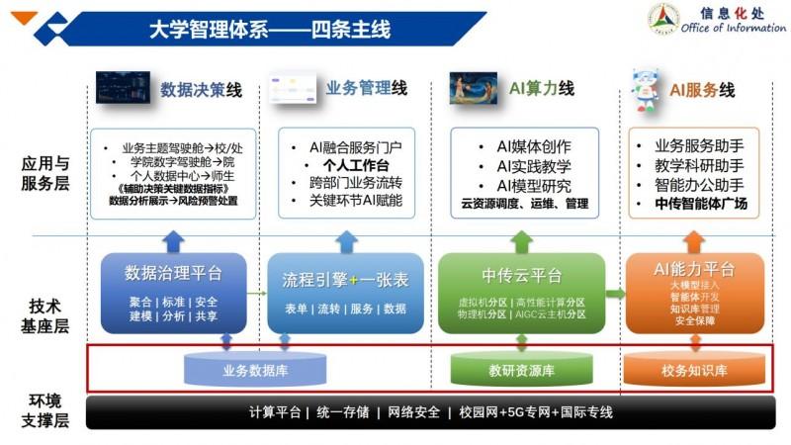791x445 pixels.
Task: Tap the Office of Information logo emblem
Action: click(x=663, y=20)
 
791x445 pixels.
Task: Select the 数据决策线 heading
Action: click(x=202, y=89)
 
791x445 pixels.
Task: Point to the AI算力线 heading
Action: click(x=541, y=89)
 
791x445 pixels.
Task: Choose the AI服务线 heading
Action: click(x=702, y=90)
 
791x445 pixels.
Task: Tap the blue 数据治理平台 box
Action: click(x=174, y=292)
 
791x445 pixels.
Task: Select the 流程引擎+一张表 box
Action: click(x=345, y=292)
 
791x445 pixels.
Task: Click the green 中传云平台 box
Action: click(x=521, y=292)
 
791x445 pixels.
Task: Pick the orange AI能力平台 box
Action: click(x=694, y=292)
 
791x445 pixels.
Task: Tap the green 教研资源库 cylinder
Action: click(x=521, y=370)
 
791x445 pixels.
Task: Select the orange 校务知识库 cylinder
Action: click(x=694, y=370)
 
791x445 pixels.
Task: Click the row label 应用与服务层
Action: click(x=47, y=173)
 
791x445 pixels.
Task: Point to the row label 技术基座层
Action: click(x=47, y=315)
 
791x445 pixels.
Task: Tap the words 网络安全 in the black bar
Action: click(x=413, y=412)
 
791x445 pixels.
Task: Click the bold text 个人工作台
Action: click(x=357, y=164)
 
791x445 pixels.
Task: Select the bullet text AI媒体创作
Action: click(x=534, y=146)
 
